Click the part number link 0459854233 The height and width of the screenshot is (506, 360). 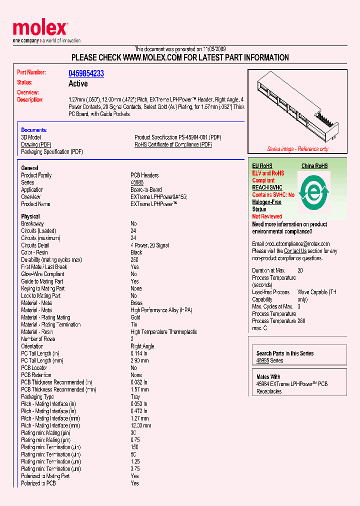tap(86, 73)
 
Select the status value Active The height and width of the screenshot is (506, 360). tap(78, 83)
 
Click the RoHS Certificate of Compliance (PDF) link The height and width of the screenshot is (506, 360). tap(173, 144)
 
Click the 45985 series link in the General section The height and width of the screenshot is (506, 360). tap(136, 182)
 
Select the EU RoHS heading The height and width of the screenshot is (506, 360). tap(262, 166)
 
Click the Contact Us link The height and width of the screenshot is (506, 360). tap(295, 251)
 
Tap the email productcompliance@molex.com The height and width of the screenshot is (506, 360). tap(290, 244)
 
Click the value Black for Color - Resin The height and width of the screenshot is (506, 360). tap(136, 252)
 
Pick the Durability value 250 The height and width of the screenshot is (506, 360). tap(134, 259)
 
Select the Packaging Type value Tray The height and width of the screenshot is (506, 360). tap(135, 397)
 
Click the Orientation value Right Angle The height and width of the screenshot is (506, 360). tap(142, 346)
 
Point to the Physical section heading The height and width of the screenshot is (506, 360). tap(30, 216)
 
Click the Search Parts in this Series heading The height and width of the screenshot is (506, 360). tap(284, 353)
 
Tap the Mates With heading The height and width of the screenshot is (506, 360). tap(268, 377)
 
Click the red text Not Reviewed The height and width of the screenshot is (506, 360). tap(267, 216)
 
